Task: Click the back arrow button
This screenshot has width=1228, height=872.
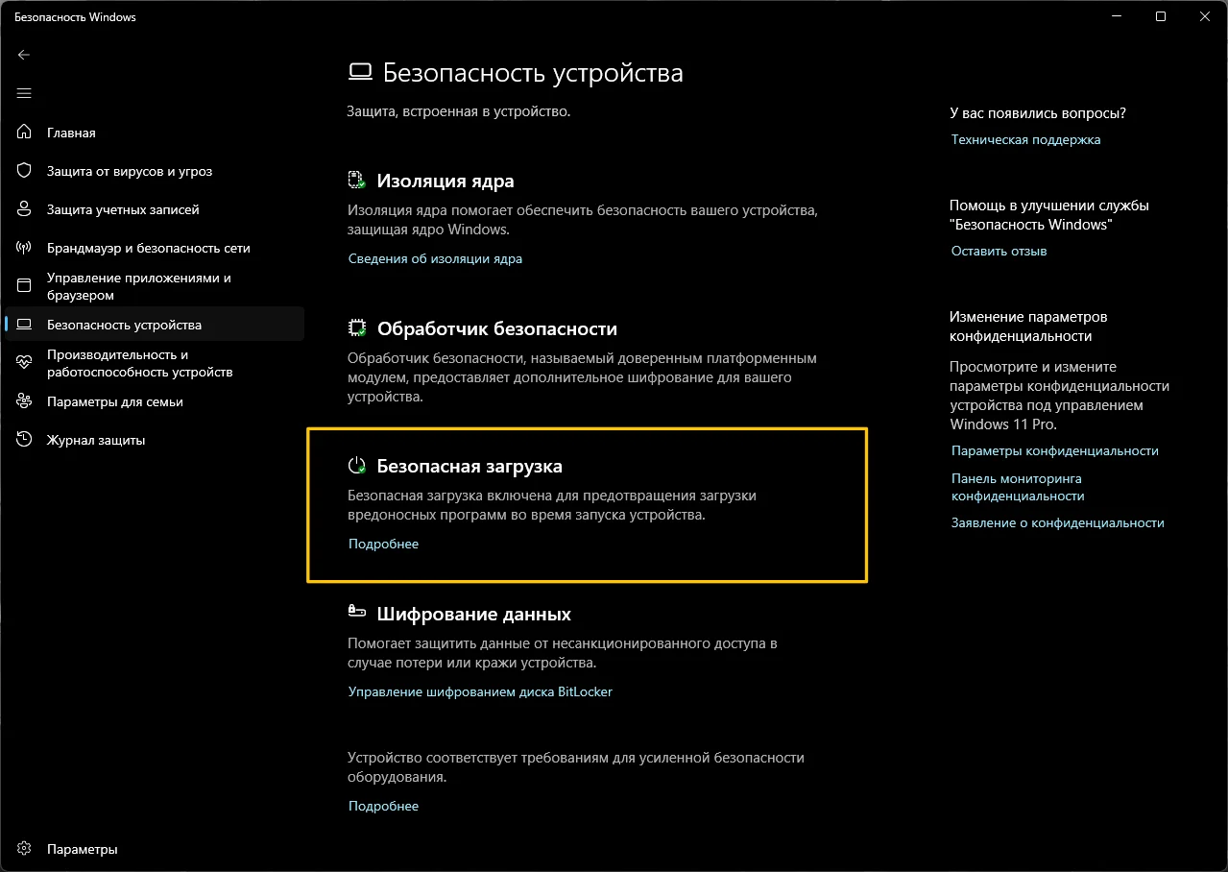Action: click(x=24, y=55)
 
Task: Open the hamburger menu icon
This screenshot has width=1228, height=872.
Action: click(x=24, y=93)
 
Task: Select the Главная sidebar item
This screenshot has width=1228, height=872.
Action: click(x=71, y=133)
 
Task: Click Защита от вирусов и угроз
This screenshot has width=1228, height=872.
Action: click(x=129, y=171)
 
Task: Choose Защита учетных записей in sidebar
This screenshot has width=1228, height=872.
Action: click(x=123, y=209)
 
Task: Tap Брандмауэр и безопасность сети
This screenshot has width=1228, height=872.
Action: click(x=148, y=248)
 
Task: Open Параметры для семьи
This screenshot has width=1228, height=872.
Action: click(x=114, y=401)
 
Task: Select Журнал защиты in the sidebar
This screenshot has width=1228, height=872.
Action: click(x=96, y=440)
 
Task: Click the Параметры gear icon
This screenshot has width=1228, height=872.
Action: click(x=25, y=849)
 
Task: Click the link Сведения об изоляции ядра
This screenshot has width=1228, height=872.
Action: click(x=435, y=258)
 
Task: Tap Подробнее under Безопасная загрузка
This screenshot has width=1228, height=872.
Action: click(x=383, y=544)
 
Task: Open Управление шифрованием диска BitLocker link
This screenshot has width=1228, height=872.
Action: click(x=480, y=691)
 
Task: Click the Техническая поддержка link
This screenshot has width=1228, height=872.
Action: click(x=1025, y=139)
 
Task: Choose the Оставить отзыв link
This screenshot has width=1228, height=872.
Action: click(x=999, y=251)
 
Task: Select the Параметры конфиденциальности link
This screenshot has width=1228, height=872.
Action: click(x=1054, y=450)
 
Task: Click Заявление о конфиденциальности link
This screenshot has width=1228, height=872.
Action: click(x=1057, y=522)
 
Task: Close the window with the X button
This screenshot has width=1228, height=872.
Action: click(x=1204, y=16)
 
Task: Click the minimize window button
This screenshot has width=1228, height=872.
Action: click(x=1117, y=16)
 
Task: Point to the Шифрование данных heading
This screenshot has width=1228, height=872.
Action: click(x=473, y=614)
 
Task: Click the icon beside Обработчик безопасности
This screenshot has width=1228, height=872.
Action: click(x=356, y=328)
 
